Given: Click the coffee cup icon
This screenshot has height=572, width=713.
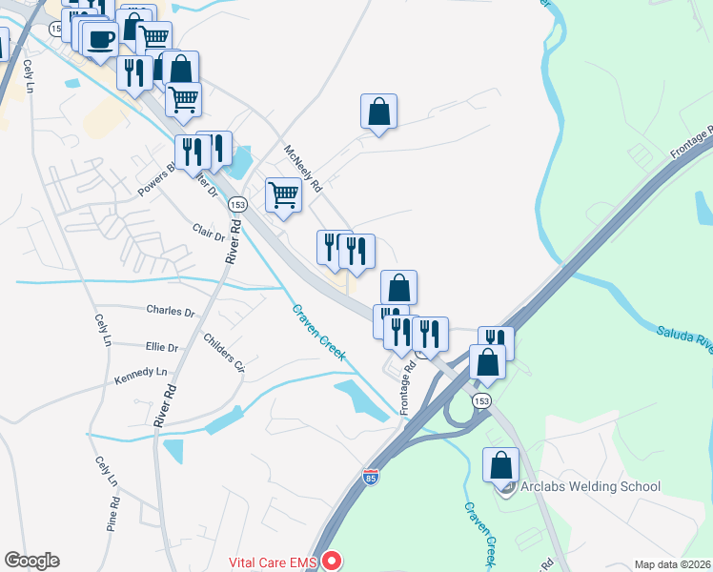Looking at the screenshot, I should tap(101, 40).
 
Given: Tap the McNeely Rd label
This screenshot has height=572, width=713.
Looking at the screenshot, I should tap(304, 169).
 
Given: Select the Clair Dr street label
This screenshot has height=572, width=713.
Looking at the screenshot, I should tap(209, 232).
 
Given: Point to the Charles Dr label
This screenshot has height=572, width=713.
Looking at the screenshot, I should tap(170, 311).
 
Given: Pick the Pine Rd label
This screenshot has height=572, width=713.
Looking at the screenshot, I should tap(113, 513).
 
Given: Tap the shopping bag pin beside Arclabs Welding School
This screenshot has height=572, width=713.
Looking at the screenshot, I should tap(500, 465).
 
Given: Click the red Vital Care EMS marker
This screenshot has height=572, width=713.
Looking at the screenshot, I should tap(332, 561).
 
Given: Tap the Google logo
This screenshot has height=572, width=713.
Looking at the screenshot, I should tap(31, 561).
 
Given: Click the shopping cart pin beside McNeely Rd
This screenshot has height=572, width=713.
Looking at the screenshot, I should tap(283, 194).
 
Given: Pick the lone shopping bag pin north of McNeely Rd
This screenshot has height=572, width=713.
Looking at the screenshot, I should tap(378, 112).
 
